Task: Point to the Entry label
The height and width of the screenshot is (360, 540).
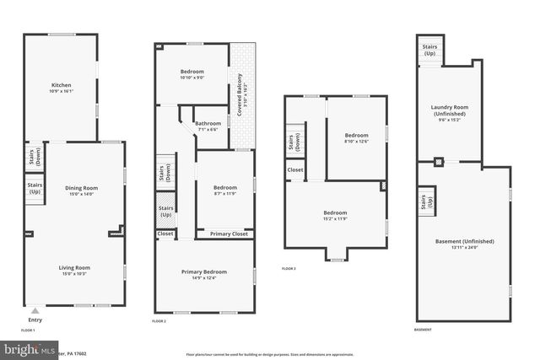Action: tap(35, 320)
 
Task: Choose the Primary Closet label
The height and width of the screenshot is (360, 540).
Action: tap(229, 234)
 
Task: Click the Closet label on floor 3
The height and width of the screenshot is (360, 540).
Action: tap(295, 170)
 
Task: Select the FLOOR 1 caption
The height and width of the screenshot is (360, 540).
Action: tap(28, 330)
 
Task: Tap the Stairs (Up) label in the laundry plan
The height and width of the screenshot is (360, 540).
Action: tap(429, 49)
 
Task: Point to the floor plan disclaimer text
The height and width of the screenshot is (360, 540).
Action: tap(278, 352)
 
